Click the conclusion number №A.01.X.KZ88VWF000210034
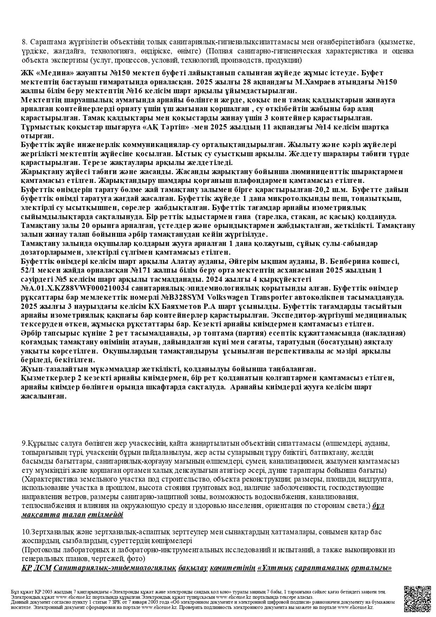74,288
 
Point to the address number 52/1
28,270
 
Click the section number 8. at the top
25,42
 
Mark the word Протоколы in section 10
41,550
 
